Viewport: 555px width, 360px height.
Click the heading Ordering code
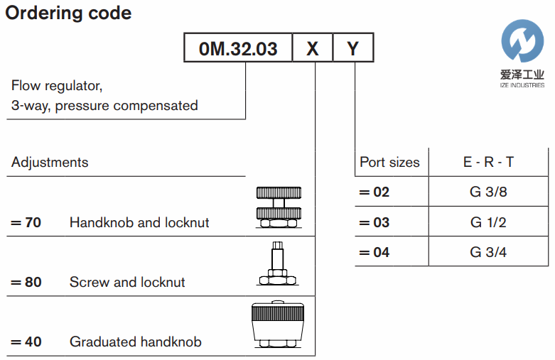(x=68, y=13)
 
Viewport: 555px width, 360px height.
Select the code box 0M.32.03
(x=238, y=49)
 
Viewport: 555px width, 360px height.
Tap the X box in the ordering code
(x=313, y=49)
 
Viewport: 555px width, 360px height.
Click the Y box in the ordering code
(x=352, y=49)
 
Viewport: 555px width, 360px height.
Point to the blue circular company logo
(x=522, y=40)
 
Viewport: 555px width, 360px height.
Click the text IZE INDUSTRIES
(x=522, y=85)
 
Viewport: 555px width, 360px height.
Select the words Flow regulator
(x=57, y=87)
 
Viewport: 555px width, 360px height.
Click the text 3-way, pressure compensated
(x=104, y=106)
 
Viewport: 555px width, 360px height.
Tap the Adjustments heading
(x=50, y=162)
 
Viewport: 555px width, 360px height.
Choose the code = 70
(x=26, y=222)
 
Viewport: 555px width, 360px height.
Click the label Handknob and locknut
(x=139, y=222)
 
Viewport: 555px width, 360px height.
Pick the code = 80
(x=26, y=282)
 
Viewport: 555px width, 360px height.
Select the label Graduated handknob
(x=135, y=342)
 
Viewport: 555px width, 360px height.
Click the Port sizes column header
(x=389, y=162)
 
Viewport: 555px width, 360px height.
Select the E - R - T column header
(x=488, y=162)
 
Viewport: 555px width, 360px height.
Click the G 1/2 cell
(x=488, y=222)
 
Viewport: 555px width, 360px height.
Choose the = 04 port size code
(x=375, y=252)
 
